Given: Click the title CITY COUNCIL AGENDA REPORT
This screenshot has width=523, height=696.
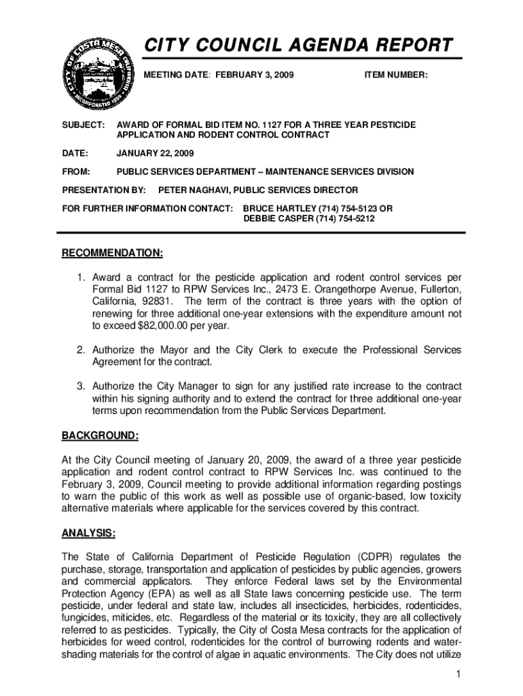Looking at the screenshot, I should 297,45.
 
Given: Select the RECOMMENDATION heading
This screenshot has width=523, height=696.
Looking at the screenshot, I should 112,254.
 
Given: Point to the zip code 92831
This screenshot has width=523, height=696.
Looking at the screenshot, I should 156,301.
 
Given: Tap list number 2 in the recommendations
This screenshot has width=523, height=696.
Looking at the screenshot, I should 79,350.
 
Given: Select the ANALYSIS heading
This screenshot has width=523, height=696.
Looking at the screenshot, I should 88,534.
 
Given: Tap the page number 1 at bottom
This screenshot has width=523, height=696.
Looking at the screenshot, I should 459,674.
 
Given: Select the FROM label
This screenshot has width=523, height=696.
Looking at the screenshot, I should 76,172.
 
